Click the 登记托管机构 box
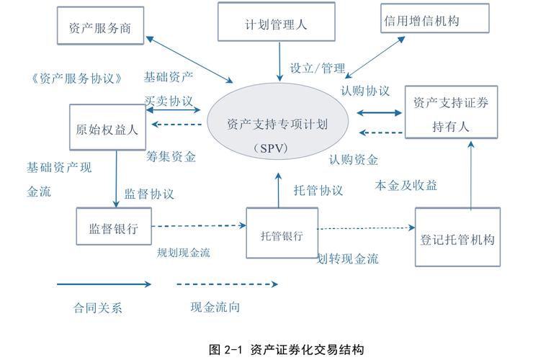coord(458,238)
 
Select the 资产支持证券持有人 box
coord(452,113)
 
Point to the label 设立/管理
coord(318,68)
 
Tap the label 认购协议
coord(365,91)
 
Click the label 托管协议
coord(318,191)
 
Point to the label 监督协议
coord(149,194)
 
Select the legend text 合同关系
coord(98,308)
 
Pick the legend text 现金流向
coord(215,307)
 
